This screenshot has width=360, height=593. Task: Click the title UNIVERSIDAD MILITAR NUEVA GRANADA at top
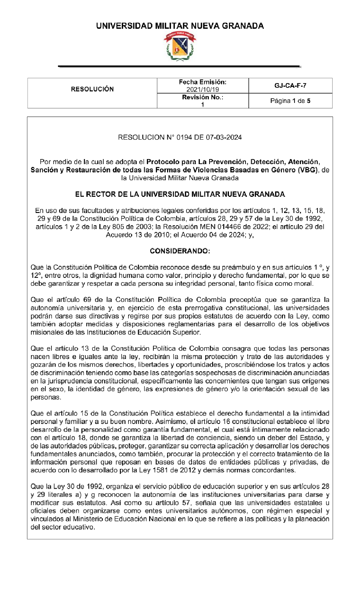180,26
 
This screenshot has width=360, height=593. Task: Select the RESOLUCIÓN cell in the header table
92,89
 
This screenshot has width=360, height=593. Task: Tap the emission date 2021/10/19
203,90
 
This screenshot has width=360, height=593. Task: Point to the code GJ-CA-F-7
290,86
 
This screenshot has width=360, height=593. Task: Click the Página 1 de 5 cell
290,101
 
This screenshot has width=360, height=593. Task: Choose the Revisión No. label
202,97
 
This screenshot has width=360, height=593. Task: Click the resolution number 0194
184,137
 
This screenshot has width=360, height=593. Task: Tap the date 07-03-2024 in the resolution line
224,137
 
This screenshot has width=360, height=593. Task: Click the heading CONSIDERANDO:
180,251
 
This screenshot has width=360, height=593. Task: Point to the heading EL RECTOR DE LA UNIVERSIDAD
180,194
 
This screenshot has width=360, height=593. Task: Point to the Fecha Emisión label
202,82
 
